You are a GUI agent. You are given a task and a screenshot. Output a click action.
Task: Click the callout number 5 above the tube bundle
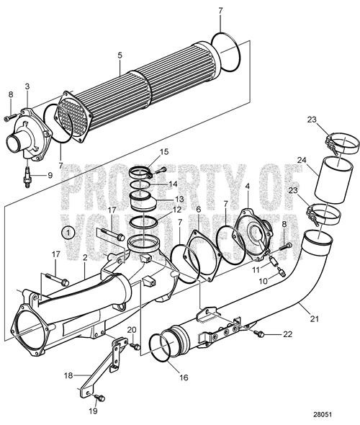point(120,54)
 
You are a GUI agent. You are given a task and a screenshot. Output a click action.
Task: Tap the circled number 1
point(66,233)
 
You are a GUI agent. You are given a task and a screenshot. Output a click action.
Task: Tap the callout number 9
point(50,174)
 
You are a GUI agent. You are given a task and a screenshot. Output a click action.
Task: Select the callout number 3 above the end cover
point(27,86)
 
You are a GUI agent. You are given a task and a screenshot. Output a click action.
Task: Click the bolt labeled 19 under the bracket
point(101,396)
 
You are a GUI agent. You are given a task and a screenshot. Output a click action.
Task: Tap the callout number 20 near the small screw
point(131,330)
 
